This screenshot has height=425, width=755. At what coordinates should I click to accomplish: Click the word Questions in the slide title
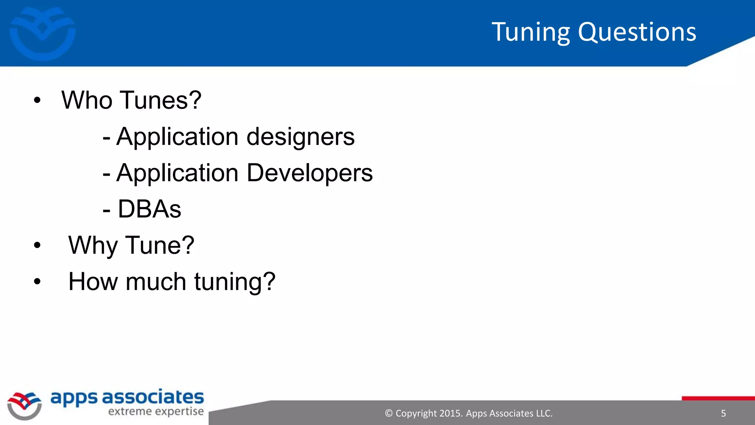coord(637,32)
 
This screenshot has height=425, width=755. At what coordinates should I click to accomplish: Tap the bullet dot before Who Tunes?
coord(37,100)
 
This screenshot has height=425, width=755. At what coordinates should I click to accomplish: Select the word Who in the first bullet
coord(87,100)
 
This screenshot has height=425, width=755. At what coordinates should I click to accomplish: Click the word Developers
coord(310,173)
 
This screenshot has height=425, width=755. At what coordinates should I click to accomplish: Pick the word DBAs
coord(149,209)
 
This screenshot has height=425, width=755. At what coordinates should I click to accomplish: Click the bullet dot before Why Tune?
coord(37,245)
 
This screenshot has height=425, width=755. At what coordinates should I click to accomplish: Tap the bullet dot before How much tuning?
coord(37,281)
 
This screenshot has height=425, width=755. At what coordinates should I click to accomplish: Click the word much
coord(156,281)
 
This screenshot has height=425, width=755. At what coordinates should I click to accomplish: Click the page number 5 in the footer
coord(723,414)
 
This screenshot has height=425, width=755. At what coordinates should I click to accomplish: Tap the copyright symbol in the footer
coord(389,414)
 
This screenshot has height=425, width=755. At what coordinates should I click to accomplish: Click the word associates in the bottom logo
coord(153,398)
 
